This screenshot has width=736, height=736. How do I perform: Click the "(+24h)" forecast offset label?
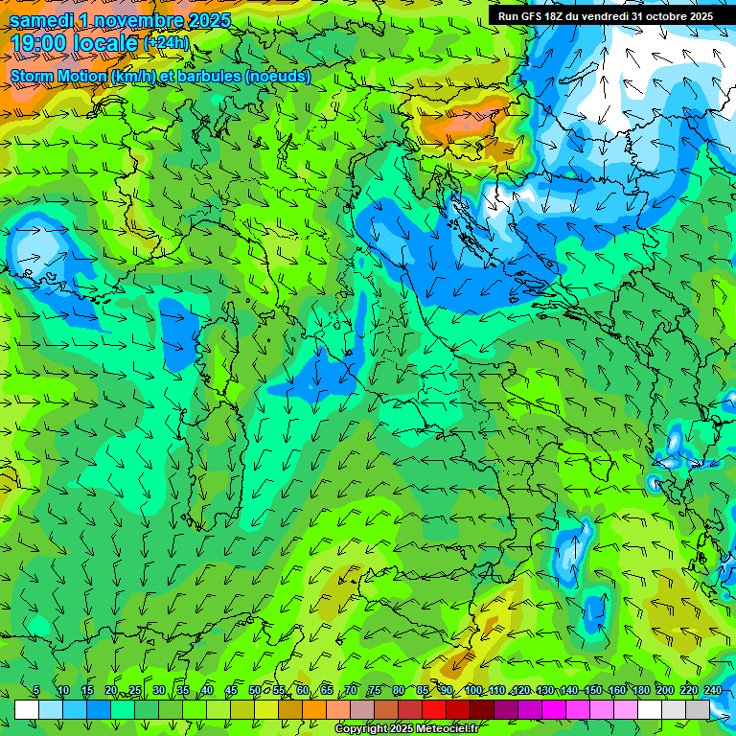point(166,43)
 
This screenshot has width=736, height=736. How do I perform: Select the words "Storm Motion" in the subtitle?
point(58,77)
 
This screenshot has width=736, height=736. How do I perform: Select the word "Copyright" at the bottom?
point(360,729)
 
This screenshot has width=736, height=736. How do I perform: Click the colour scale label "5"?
point(36,691)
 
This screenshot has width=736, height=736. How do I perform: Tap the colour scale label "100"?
point(472,691)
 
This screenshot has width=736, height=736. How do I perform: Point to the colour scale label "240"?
point(713,691)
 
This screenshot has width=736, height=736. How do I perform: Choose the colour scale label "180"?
point(640,691)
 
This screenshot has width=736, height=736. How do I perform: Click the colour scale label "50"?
point(255,691)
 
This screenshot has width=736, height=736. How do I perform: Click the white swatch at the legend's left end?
point(26,710)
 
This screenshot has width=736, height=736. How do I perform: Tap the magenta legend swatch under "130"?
point(554,710)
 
